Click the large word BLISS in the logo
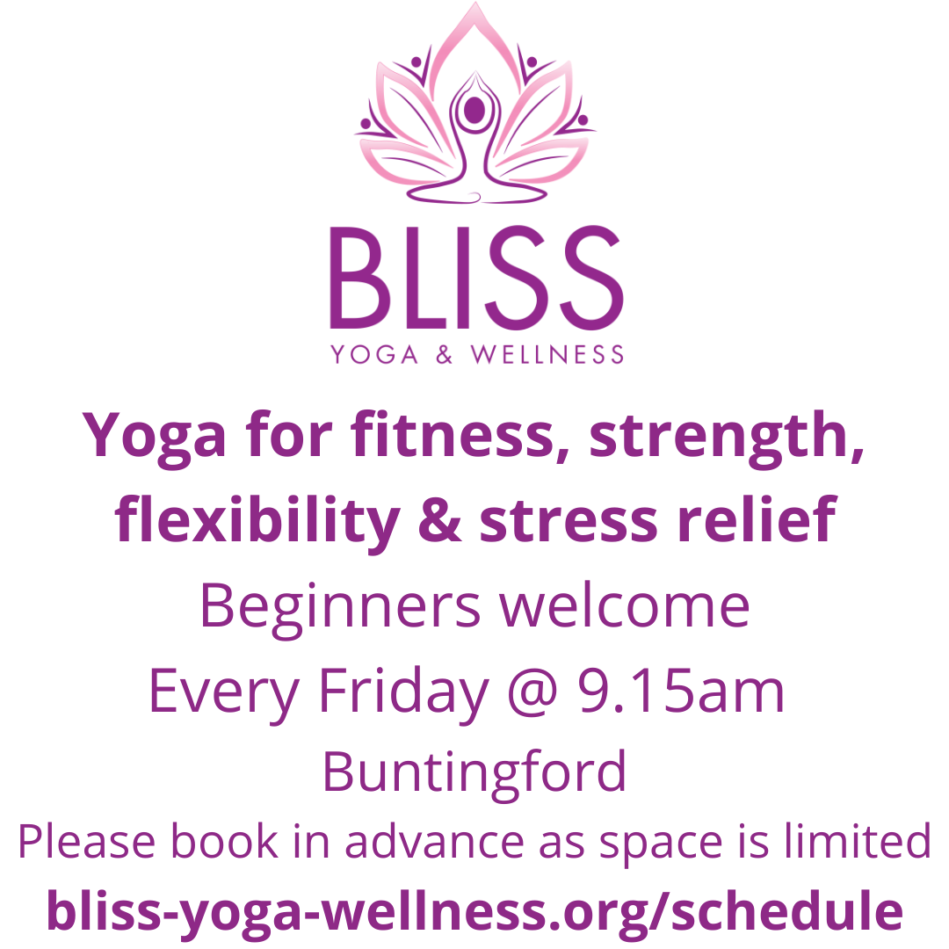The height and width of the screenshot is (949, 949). coord(475,276)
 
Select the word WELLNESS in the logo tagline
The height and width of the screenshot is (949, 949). coord(547,354)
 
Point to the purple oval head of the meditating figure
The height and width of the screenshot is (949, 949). coord(474,110)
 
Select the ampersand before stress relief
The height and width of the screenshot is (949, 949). coord(446,520)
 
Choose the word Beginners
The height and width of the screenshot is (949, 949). coord(340,606)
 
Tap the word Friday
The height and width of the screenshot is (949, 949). coord(402,692)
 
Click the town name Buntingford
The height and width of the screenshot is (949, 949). coord(474,772)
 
